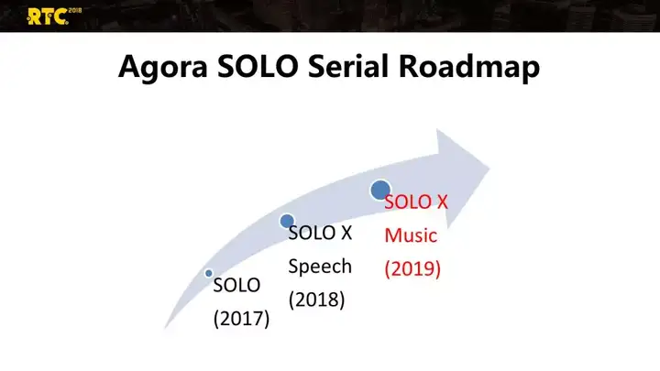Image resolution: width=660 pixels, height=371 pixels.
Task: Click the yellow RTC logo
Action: click(x=53, y=16)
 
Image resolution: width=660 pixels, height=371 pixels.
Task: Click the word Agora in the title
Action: click(x=163, y=67)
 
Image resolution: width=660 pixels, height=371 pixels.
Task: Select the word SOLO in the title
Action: click(x=258, y=66)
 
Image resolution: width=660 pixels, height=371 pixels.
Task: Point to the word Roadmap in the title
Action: click(x=469, y=67)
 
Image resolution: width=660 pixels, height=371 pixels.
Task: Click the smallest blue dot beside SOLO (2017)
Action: click(x=209, y=273)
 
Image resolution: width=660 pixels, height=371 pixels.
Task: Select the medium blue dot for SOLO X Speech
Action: click(x=287, y=222)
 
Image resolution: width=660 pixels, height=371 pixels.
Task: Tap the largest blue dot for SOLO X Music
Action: click(x=380, y=190)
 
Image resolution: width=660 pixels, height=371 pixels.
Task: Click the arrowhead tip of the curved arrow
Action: click(x=489, y=169)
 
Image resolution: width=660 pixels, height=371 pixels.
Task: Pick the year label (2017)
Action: click(x=241, y=319)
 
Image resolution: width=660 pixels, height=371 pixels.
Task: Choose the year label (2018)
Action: click(x=316, y=300)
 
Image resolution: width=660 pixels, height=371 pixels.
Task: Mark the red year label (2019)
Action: click(x=412, y=268)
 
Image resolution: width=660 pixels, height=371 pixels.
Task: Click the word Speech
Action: click(x=320, y=267)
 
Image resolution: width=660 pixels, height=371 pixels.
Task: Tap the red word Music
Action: click(x=411, y=235)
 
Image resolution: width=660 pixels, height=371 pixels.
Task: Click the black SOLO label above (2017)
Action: click(x=236, y=285)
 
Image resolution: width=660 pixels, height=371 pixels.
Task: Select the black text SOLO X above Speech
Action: click(x=320, y=233)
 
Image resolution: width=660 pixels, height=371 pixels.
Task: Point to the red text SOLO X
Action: click(x=416, y=202)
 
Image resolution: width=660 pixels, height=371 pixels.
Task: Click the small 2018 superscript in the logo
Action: click(x=75, y=10)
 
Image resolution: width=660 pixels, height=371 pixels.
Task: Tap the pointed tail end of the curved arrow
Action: click(x=165, y=328)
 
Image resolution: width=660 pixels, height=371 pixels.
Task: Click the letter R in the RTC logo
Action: click(x=34, y=17)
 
